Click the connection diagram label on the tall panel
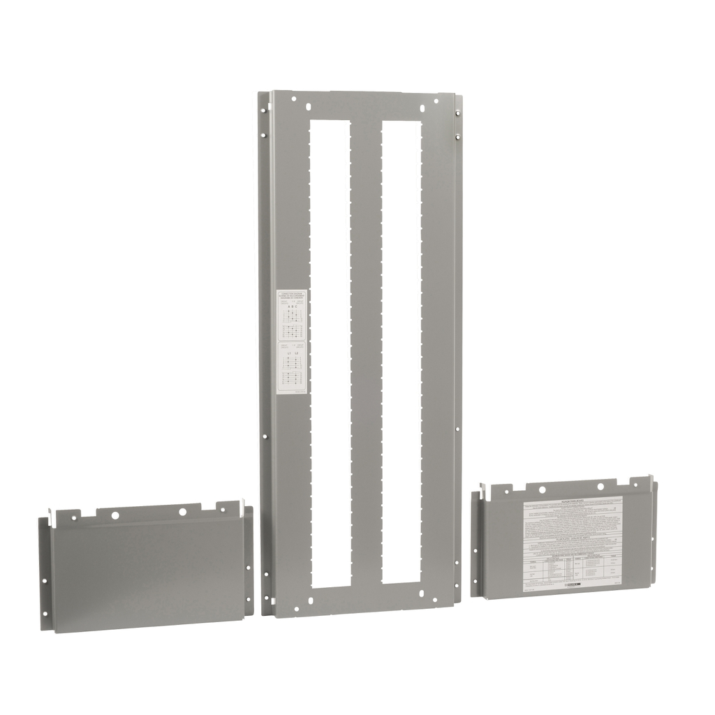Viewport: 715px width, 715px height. pos(291,341)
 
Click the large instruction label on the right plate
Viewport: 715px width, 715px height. pos(573,544)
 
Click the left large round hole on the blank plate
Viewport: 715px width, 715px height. pos(115,515)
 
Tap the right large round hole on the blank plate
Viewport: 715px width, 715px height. pos(183,511)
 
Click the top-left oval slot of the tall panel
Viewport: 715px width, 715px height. pos(308,107)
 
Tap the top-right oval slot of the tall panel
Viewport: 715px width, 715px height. pos(423,107)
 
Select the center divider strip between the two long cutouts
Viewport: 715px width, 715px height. pos(366,349)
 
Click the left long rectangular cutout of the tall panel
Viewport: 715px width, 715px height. pos(330,349)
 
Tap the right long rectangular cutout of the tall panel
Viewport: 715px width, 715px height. pos(401,349)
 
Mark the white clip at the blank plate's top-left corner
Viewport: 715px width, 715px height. pos(52,516)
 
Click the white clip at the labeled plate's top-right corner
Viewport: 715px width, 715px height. pos(651,482)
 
